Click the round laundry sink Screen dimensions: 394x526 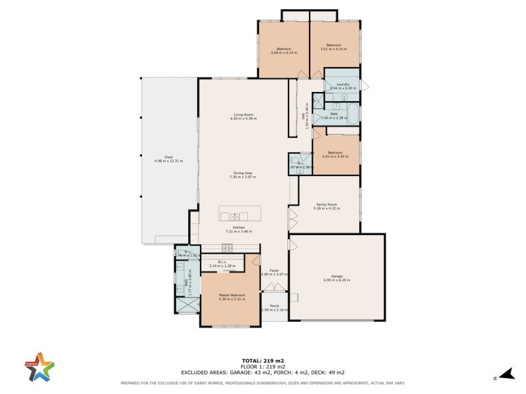coord(344,97)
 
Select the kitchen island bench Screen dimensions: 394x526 coord(239,215)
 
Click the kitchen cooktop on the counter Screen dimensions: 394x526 coord(227,247)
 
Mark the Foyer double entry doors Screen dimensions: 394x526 coord(274,288)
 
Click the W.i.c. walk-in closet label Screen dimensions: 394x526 coord(222,263)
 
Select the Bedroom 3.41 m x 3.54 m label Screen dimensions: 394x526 coord(335,154)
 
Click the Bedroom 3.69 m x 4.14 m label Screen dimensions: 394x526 coord(283,51)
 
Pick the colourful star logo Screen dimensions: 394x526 coord(40,366)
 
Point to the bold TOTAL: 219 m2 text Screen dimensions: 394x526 coord(262,361)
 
